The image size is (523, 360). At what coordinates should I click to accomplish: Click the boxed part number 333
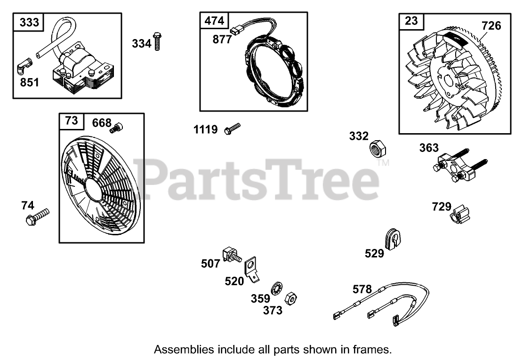30,22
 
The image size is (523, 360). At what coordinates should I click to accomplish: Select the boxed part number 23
411,21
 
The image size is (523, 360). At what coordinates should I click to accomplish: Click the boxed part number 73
71,121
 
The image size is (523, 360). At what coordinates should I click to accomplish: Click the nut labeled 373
291,297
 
